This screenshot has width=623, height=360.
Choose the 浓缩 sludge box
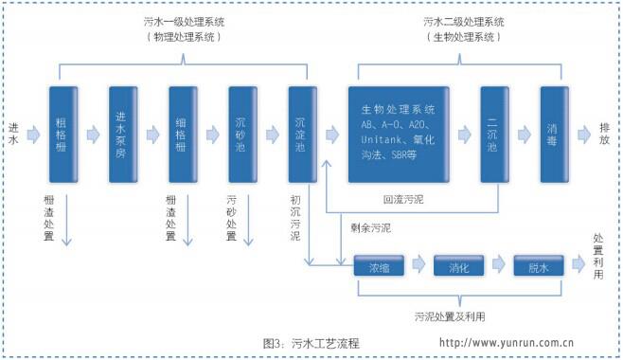coord(378,267)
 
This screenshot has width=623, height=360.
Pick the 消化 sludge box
coord(458,267)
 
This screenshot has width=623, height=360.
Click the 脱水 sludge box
coord(539,267)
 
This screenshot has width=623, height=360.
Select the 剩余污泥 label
coord(365,228)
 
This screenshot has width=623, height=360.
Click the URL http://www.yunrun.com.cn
coord(507,343)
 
